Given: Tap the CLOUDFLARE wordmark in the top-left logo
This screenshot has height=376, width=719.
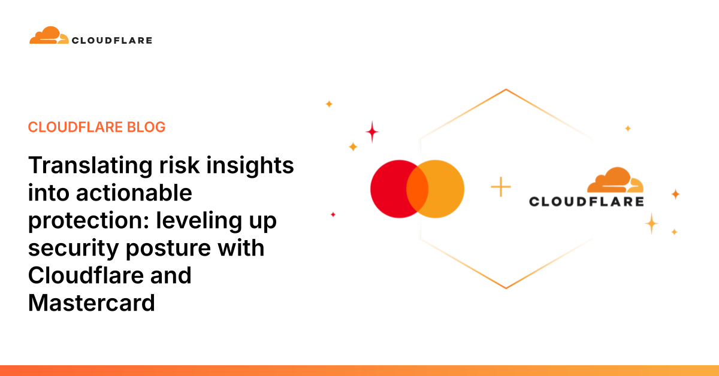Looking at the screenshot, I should point(112,41).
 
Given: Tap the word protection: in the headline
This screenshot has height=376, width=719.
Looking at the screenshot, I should point(89,220).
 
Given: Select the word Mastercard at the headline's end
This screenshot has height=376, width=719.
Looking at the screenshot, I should point(92,303).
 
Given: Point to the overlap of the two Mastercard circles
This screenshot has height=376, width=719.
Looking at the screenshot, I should point(417,189).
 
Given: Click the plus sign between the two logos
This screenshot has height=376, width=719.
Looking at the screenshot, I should point(501,187).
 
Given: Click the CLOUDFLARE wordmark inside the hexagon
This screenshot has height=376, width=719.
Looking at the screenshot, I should point(586,202).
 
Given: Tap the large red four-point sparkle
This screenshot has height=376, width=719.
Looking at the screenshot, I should point(372,132).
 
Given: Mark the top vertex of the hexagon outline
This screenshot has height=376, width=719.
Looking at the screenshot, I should point(506,90).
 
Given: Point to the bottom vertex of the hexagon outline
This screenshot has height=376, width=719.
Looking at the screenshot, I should point(506,289).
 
